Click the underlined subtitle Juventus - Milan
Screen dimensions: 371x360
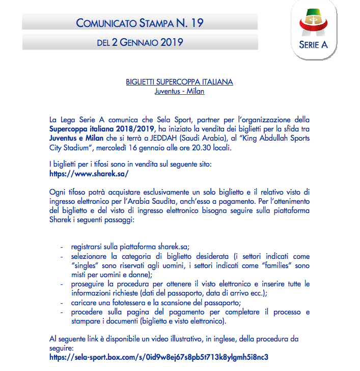(179, 91)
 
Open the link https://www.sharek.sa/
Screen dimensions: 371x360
(89, 173)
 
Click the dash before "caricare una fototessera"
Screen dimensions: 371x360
(62, 303)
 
